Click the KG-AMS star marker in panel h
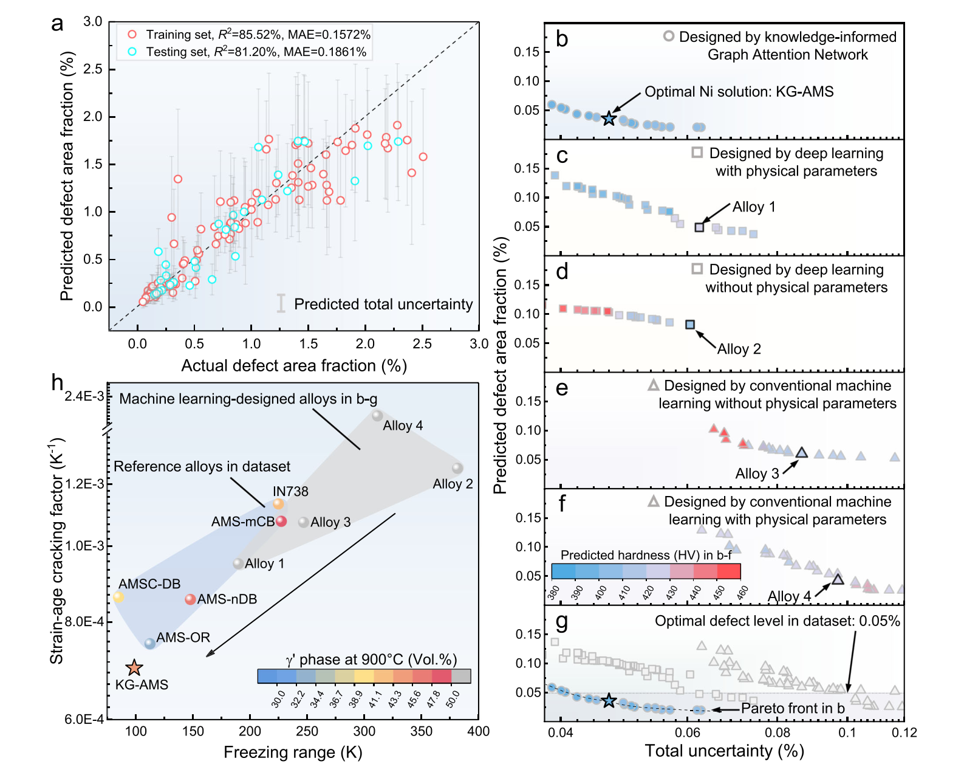click(134, 667)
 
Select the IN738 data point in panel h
click(278, 503)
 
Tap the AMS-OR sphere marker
click(150, 643)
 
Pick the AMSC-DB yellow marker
click(118, 597)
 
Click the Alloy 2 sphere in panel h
click(457, 468)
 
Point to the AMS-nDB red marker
click(190, 599)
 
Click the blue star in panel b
click(608, 119)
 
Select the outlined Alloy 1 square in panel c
click(699, 227)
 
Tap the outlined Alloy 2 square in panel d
click(690, 324)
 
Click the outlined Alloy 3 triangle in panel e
click(801, 453)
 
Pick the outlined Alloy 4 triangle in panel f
click(838, 580)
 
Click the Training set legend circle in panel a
click(132, 35)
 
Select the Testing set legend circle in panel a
click(132, 52)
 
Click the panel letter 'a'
click(57, 24)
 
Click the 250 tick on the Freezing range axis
click(307, 731)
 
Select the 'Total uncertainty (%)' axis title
click(724, 751)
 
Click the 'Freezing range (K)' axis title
click(293, 752)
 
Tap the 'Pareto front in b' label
click(793, 708)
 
